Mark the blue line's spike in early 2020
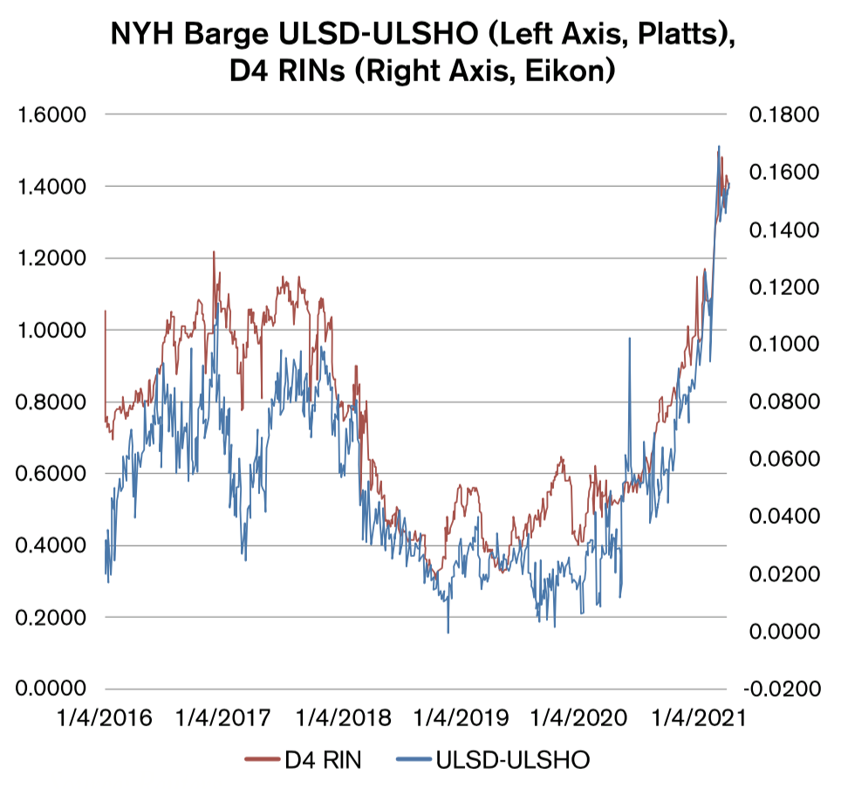tap(629, 339)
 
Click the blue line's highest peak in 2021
tap(719, 147)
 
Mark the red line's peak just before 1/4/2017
tap(214, 252)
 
